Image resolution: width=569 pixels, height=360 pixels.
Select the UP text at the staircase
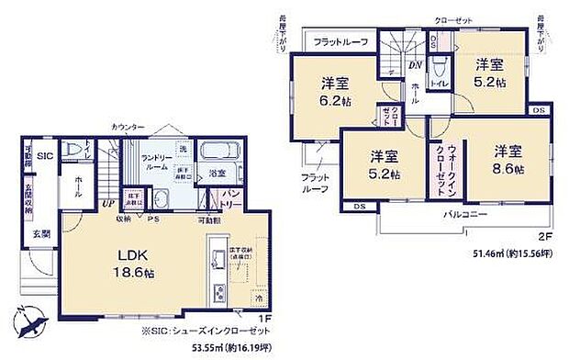tap(108, 203)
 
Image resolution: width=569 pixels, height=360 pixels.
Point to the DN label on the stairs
tap(415, 65)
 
